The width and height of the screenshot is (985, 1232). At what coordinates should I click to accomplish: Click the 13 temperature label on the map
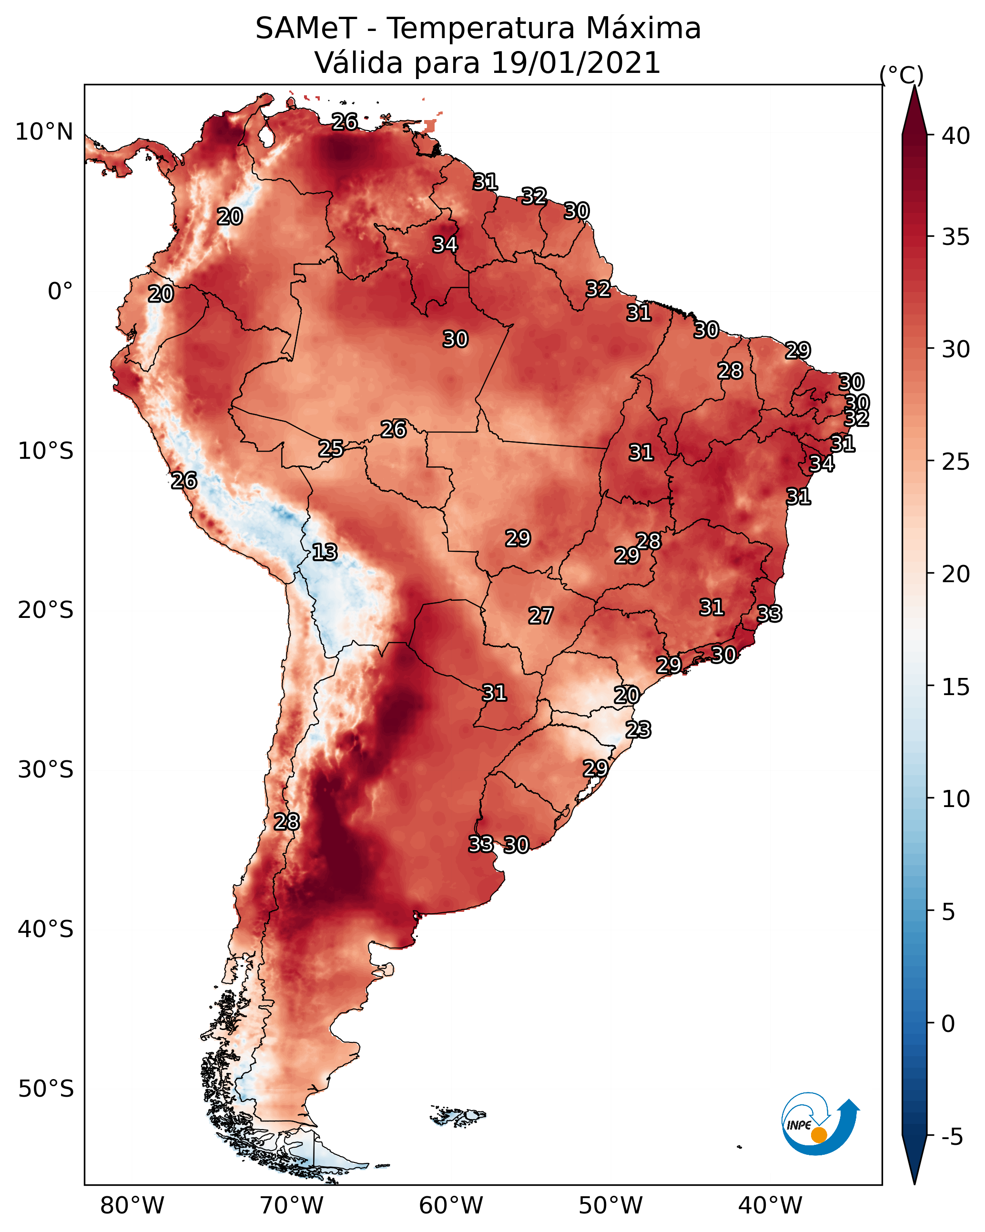pos(325,552)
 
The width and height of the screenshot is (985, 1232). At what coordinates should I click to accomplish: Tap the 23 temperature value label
pos(638,730)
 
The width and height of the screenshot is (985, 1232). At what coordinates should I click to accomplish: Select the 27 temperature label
pos(540,616)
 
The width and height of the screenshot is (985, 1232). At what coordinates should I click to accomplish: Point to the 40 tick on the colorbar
pos(956,135)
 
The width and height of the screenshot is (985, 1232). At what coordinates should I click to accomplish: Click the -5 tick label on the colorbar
pos(952,1137)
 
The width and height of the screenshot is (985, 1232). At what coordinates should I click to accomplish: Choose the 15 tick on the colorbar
pos(956,687)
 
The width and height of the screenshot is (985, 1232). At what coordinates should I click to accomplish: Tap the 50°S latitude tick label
pos(46,1089)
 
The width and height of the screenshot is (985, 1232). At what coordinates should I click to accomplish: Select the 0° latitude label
pos(60,292)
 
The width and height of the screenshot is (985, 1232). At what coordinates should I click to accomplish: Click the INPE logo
pos(820,1123)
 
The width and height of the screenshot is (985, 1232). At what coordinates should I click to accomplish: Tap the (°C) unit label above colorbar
pos(902,75)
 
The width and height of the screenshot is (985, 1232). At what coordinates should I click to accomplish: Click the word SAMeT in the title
pos(306,29)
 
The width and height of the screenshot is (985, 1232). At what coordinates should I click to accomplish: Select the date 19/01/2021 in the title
pos(576,63)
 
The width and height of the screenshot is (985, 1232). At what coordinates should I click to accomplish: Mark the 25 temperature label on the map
pos(331,449)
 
